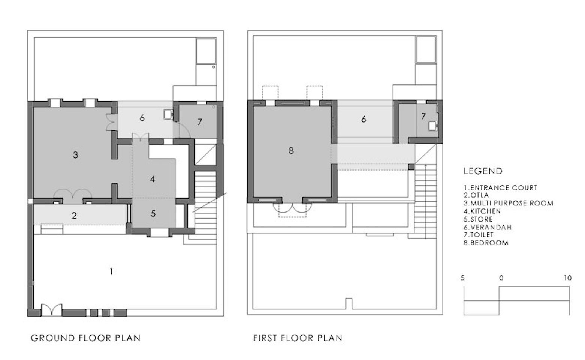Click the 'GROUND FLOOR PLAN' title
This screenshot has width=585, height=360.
point(86,338)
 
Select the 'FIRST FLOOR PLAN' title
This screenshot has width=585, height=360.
point(298,338)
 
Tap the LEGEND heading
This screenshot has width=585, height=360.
point(483,171)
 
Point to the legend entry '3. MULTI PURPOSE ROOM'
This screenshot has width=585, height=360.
point(508,203)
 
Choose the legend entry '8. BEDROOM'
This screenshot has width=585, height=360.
point(486,243)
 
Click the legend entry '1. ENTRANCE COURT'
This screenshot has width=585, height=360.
point(500,187)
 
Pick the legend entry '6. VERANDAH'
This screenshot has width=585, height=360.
point(487,227)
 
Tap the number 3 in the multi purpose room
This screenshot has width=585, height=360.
point(75,155)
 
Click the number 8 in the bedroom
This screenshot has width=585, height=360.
point(291,150)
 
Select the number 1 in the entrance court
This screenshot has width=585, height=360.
point(112,271)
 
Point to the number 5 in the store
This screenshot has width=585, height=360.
point(153,213)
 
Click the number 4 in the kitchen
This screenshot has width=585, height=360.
point(153,179)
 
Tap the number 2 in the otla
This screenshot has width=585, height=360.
point(74,216)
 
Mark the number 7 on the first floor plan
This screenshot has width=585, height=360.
point(423,116)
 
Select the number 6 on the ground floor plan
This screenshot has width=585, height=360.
point(142,118)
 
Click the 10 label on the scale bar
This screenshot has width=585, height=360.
point(567,278)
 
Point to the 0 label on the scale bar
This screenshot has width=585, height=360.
point(501,278)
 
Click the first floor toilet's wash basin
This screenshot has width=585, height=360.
point(433,126)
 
